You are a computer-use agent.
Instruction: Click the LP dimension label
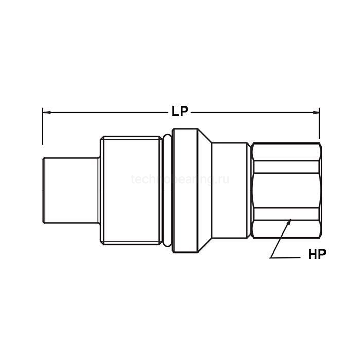[180, 112]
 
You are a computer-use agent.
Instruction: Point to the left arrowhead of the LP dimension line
[44, 111]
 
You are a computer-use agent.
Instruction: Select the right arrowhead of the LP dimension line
[317, 111]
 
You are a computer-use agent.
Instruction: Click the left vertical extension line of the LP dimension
[42, 127]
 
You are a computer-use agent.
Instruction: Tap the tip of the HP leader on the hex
[290, 221]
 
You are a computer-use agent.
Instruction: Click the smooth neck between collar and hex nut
[231, 190]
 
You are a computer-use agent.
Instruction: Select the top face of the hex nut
[286, 157]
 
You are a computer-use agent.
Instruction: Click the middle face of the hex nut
[286, 190]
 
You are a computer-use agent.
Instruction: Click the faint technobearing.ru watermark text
[180, 179]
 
